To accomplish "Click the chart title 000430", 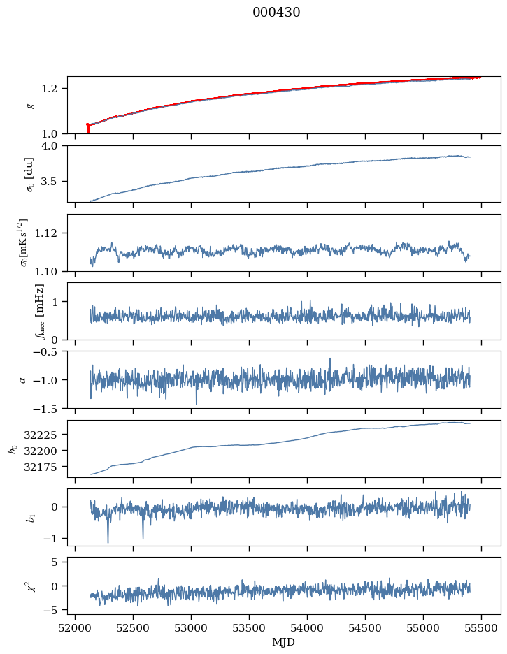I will tap(276, 13).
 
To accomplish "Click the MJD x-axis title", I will tap(283, 642).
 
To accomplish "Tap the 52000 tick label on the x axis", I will tap(76, 627).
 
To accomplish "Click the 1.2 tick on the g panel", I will tap(54, 89).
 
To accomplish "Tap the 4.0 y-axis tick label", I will tap(54, 146).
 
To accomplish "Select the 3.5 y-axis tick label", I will tap(54, 182).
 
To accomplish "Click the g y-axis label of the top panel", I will tap(30, 106).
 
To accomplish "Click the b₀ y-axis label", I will tap(12, 449).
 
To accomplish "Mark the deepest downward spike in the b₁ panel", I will tap(108, 542).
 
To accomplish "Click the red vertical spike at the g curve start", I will tap(87, 129).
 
